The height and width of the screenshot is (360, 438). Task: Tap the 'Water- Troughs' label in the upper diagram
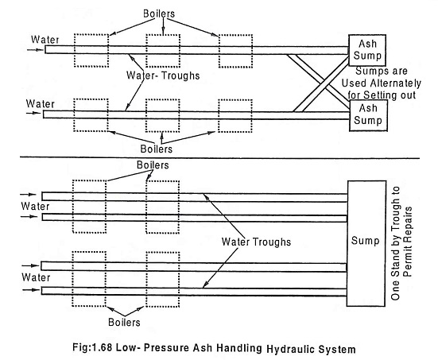tap(163, 75)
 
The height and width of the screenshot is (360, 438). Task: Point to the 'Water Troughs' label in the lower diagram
tap(256, 242)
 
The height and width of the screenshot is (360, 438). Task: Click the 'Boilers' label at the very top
tap(159, 14)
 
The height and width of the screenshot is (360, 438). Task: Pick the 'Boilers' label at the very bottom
tap(124, 323)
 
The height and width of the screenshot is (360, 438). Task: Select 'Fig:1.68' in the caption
tap(93, 347)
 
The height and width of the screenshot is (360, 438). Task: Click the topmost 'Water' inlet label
tap(45, 40)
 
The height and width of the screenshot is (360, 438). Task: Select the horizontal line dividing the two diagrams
tap(220, 158)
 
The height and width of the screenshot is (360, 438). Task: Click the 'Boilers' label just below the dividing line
tap(153, 165)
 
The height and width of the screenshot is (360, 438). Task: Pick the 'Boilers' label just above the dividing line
tap(157, 149)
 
